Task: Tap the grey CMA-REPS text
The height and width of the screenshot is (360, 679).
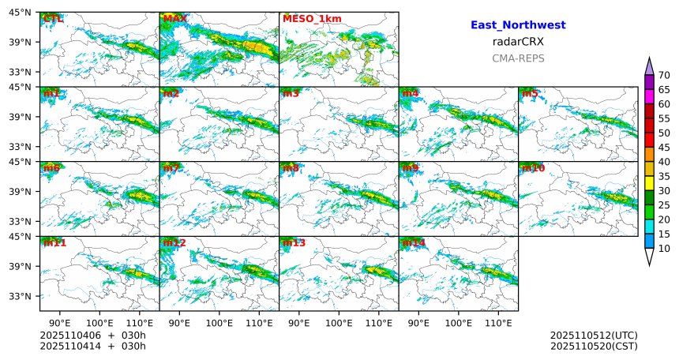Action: click(x=518, y=58)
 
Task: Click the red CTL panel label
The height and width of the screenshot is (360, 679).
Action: click(x=54, y=18)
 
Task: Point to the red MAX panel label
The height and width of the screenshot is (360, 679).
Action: click(x=174, y=18)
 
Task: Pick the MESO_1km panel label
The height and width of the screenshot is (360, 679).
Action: click(x=312, y=18)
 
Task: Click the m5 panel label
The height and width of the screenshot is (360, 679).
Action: click(x=531, y=94)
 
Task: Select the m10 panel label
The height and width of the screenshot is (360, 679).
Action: click(x=533, y=168)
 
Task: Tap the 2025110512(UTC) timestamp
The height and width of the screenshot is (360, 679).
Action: click(x=594, y=336)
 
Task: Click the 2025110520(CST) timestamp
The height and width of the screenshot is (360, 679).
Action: click(x=594, y=346)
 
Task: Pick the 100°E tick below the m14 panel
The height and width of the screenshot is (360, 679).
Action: click(x=459, y=322)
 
